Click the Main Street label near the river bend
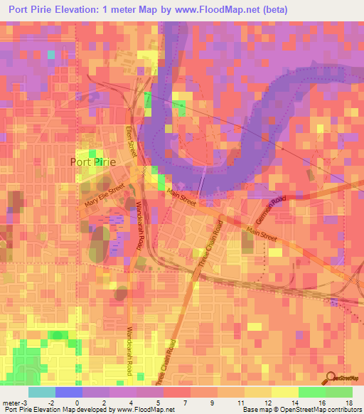point(181,196)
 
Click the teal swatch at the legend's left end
point(41,392)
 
